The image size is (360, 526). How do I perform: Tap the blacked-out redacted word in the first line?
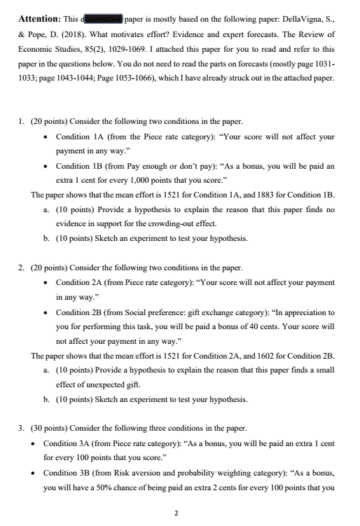click(103, 18)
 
